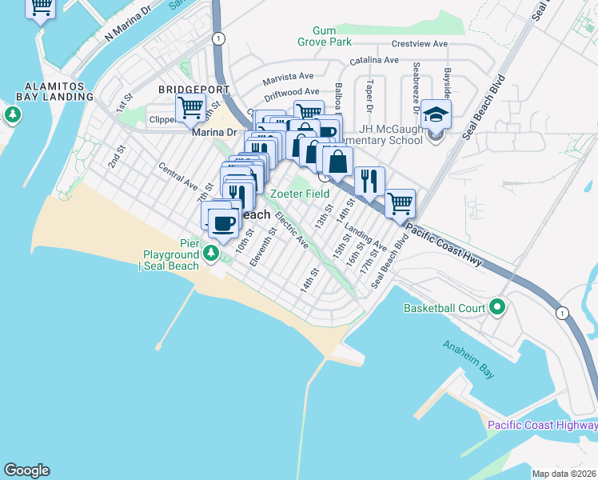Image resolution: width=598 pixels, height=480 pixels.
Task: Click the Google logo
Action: pyautogui.click(x=26, y=470)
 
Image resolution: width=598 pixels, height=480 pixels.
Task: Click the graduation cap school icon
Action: pyautogui.click(x=437, y=114)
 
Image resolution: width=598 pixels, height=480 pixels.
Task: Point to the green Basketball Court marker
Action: pyautogui.click(x=496, y=307)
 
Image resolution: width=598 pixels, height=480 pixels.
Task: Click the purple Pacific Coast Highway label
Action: pyautogui.click(x=542, y=425)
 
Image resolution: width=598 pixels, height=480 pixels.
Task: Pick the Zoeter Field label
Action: pyautogui.click(x=301, y=194)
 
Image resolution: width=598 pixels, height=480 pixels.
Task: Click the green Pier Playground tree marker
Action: pyautogui.click(x=211, y=254)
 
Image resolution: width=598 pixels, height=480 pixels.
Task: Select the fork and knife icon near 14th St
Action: pyautogui.click(x=369, y=181)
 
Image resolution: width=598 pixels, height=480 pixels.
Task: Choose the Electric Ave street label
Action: pyautogui.click(x=291, y=230)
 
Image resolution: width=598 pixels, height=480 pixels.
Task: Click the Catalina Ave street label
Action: pyautogui.click(x=374, y=60)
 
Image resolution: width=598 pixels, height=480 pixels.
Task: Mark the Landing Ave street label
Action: pyautogui.click(x=371, y=238)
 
